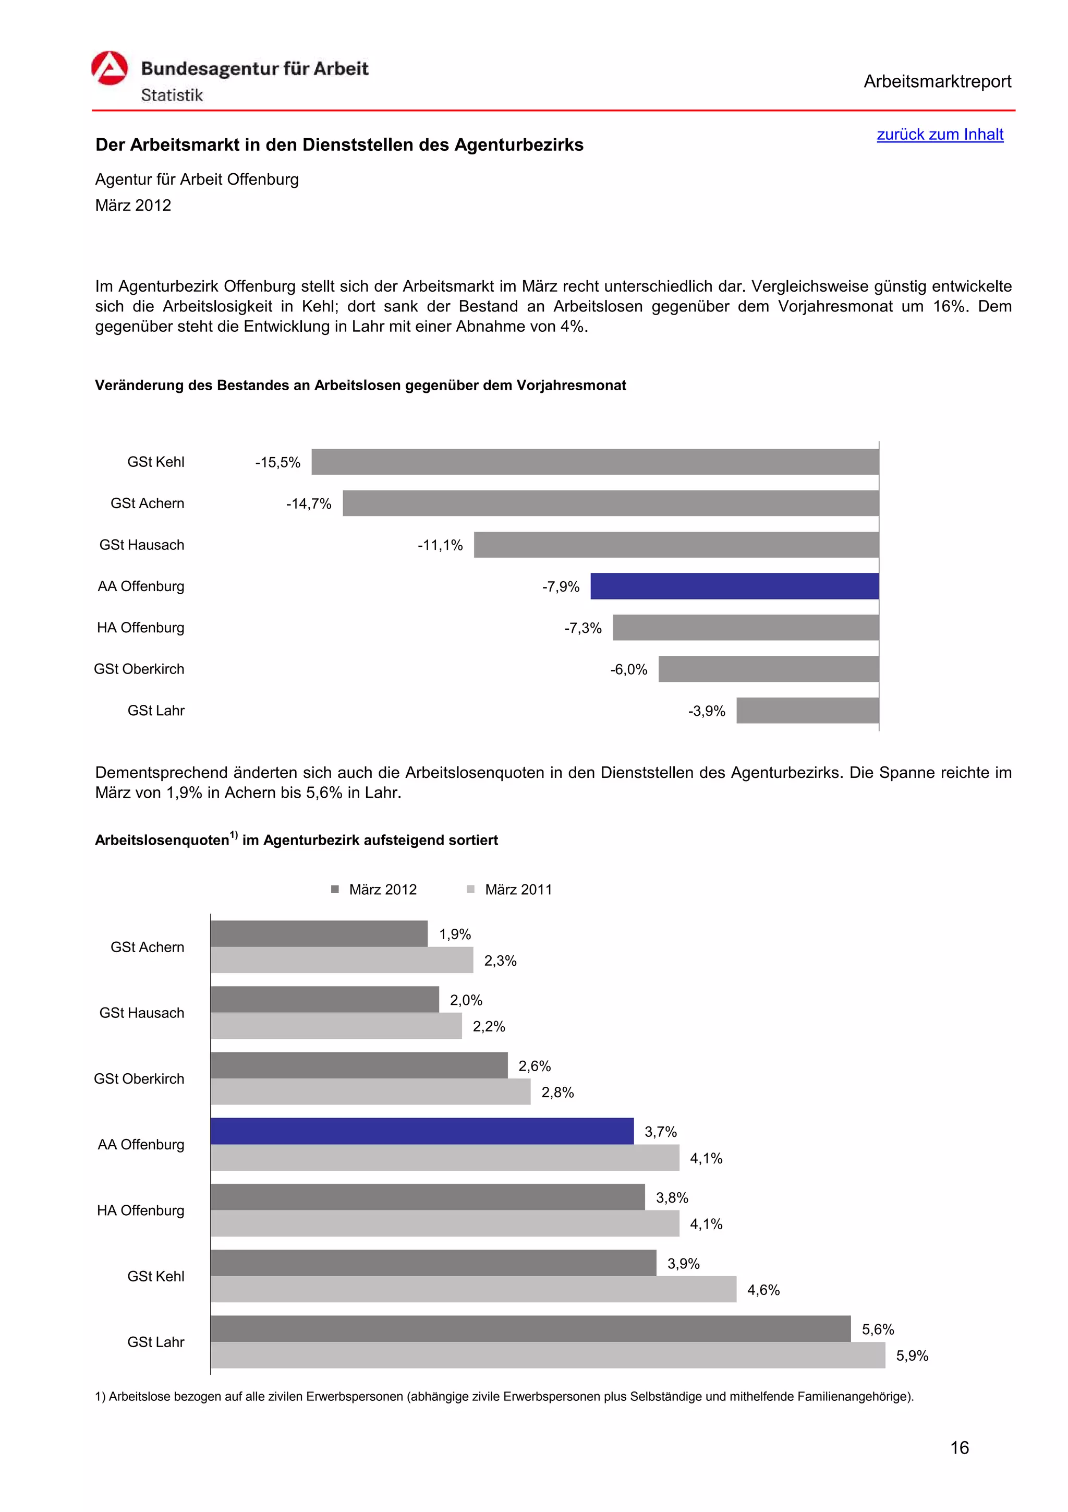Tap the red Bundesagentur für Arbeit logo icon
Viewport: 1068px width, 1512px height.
point(109,68)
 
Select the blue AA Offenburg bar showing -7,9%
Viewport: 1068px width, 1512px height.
point(734,586)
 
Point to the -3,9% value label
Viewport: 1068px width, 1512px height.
point(706,711)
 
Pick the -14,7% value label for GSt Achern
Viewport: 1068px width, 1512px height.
point(308,504)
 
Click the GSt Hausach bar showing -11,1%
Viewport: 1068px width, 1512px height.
point(676,545)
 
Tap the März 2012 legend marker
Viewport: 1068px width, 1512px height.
point(335,890)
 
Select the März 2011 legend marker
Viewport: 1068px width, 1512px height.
point(470,890)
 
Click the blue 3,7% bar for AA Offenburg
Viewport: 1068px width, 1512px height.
point(422,1131)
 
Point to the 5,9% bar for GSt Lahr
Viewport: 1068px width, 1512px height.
point(548,1355)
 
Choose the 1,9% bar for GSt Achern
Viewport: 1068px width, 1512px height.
point(319,934)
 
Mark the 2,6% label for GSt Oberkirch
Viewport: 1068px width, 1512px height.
point(535,1066)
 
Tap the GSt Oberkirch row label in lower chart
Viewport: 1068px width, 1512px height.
point(139,1078)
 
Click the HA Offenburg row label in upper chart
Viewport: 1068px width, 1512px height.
point(140,628)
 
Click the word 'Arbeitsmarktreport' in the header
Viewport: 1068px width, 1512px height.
point(937,82)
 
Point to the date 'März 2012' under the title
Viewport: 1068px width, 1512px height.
point(133,206)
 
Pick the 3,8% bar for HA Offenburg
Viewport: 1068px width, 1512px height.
point(428,1197)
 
